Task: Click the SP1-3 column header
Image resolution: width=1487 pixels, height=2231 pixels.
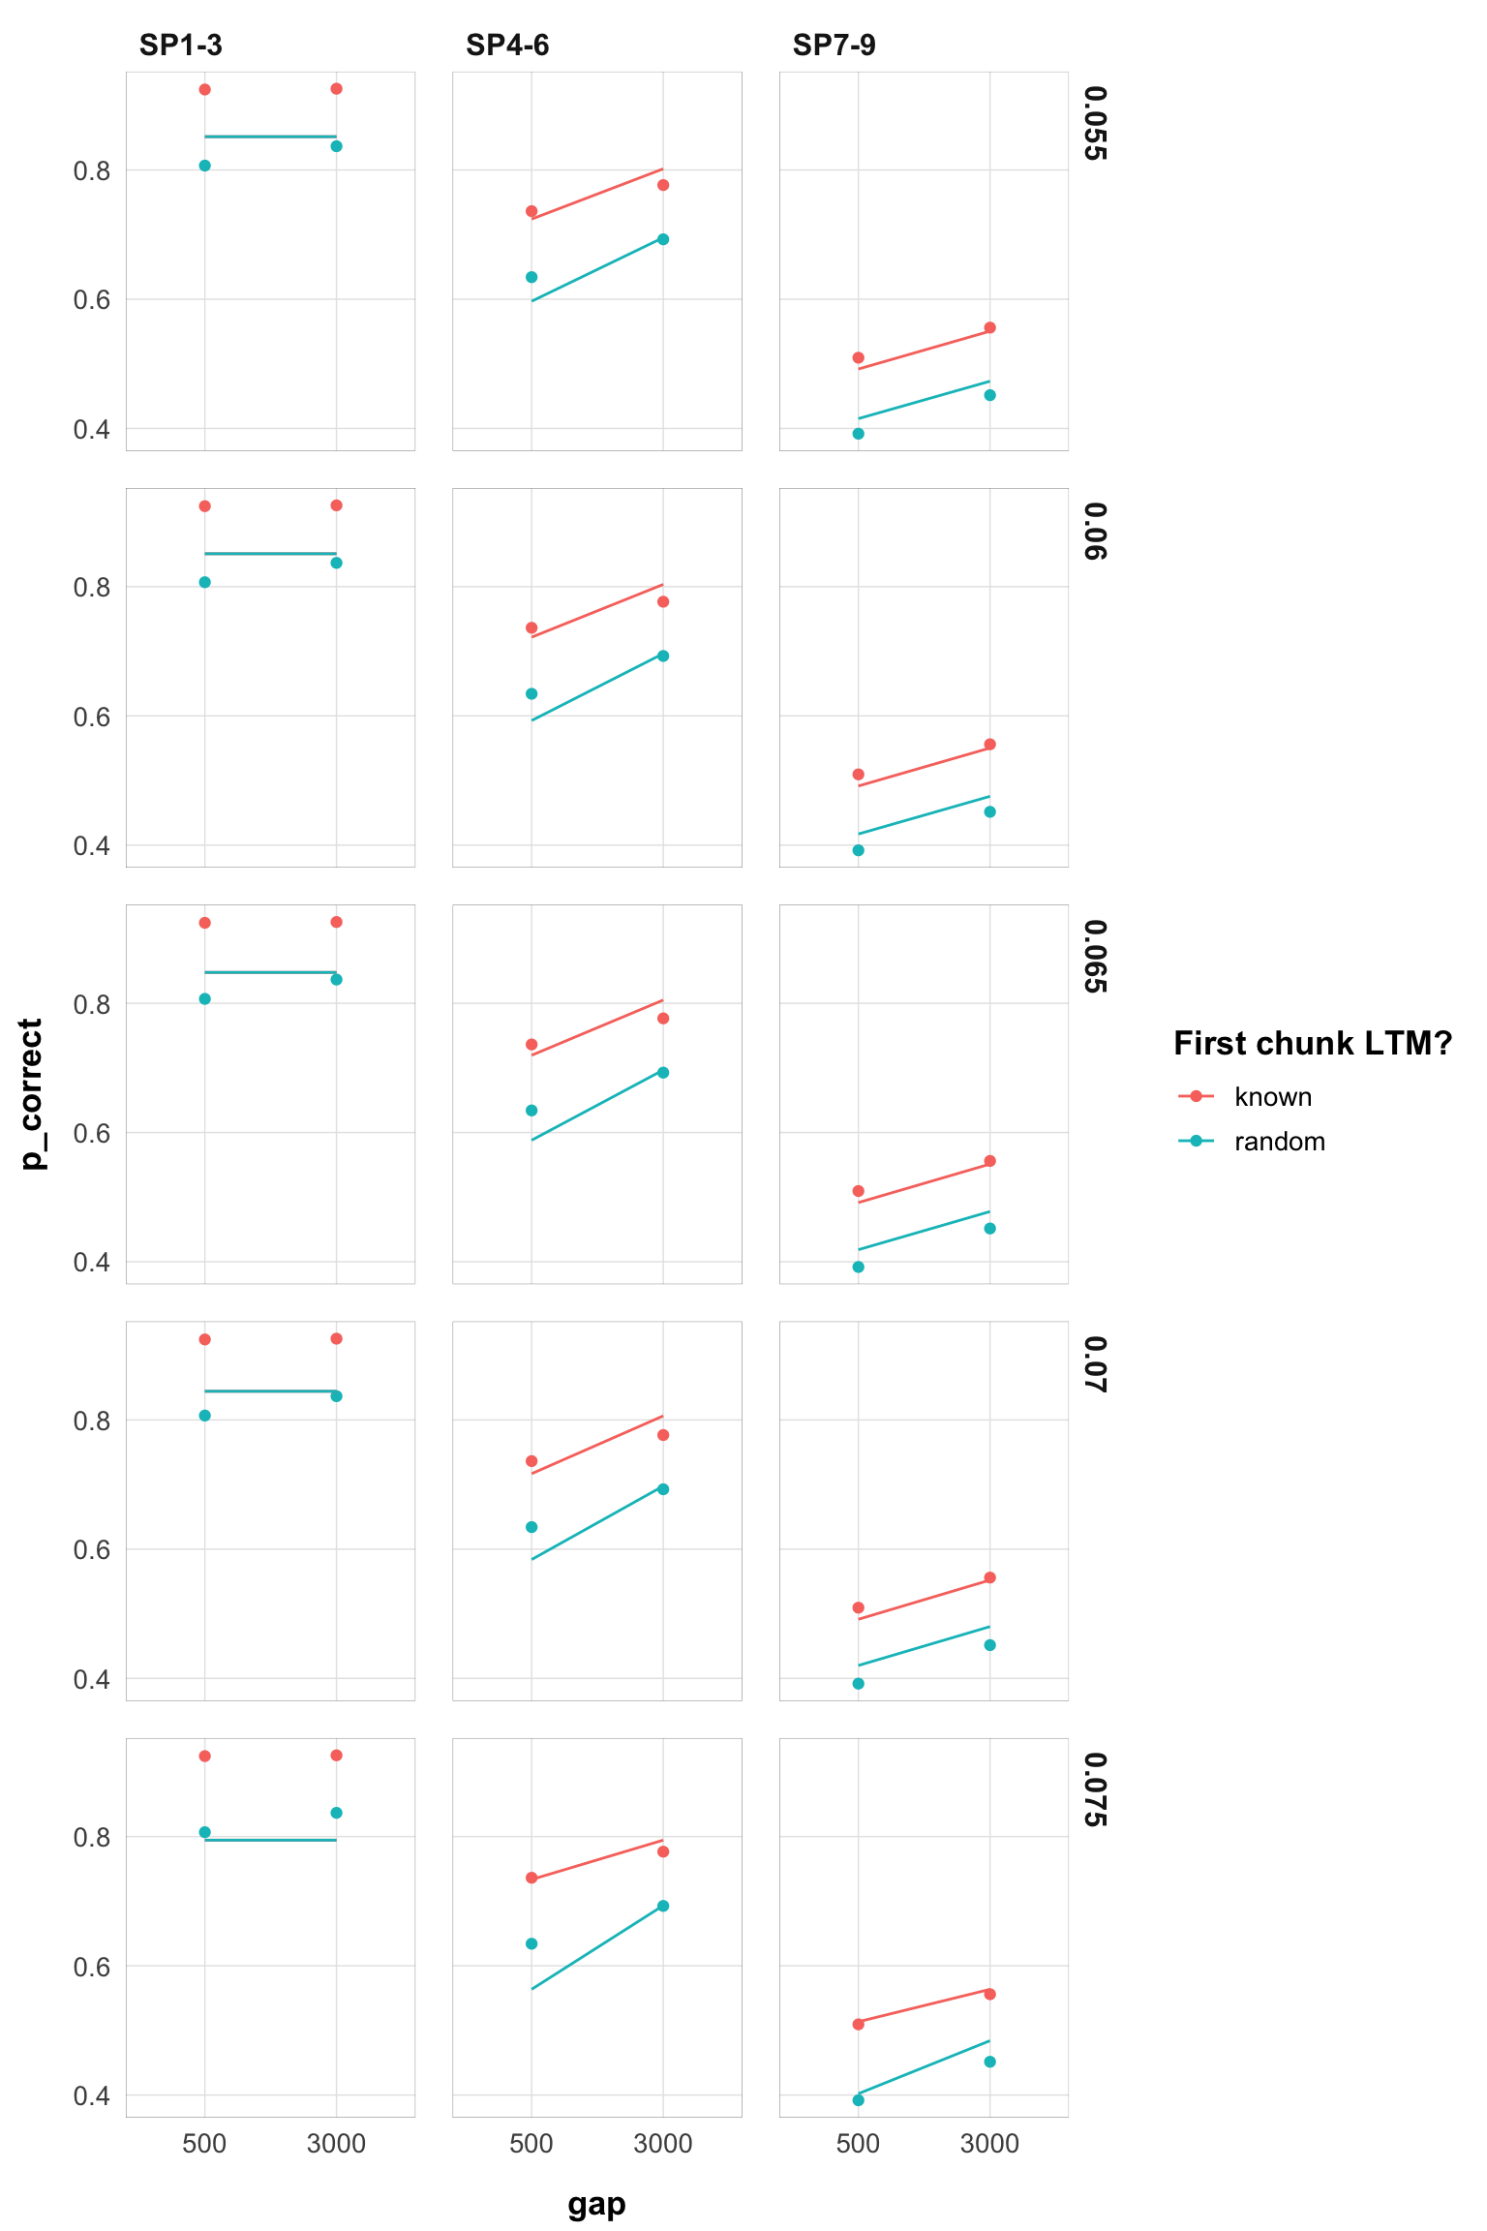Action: click(180, 46)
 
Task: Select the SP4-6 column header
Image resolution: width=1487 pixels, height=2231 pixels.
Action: click(507, 46)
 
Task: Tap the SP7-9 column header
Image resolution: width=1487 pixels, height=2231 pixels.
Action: click(834, 46)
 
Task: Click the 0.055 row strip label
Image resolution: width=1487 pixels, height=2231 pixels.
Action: click(1094, 124)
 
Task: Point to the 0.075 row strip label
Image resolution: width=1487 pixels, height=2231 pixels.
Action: click(1094, 1790)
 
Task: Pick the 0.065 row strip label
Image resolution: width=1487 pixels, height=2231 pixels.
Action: click(1094, 957)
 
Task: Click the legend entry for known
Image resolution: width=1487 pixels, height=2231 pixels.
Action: click(1272, 1097)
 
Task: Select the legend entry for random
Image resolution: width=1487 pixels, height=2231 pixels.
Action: click(1279, 1142)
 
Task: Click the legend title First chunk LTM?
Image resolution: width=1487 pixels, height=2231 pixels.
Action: click(1312, 1044)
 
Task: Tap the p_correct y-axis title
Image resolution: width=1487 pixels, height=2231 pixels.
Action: click(32, 1094)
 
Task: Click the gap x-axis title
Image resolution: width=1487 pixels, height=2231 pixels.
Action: click(596, 2204)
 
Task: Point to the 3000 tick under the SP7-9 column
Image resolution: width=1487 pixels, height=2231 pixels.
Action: click(989, 2144)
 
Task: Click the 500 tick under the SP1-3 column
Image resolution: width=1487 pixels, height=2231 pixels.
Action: click(204, 2144)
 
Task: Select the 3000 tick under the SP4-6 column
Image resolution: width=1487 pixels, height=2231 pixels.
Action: click(662, 2144)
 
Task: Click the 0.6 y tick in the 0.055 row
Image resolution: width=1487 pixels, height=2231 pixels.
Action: click(92, 300)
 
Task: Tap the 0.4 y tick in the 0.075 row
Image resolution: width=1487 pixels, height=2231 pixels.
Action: click(92, 2095)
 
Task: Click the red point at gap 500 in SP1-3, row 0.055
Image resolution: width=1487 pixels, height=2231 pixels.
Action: click(204, 90)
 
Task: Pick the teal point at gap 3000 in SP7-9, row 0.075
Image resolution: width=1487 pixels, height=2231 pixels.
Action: click(989, 2062)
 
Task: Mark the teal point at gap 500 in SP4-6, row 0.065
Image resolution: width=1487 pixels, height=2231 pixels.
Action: click(531, 1111)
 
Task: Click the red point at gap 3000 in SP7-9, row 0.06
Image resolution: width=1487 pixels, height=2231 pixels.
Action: click(989, 745)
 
